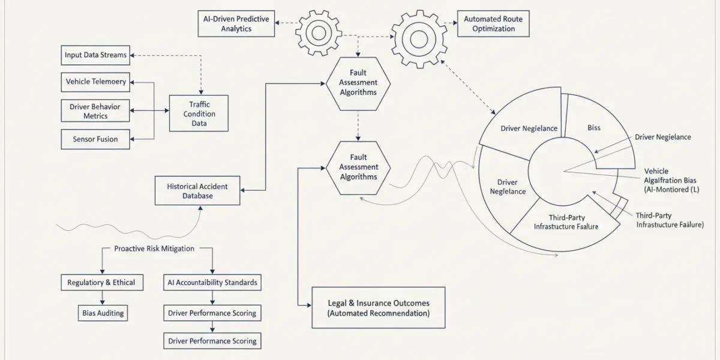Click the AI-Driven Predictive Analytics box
click(236, 23)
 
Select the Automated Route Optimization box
click(493, 23)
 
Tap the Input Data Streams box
click(95, 55)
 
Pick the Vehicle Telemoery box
click(95, 82)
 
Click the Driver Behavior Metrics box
click(95, 111)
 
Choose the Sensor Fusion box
click(95, 139)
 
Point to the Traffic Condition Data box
click(199, 113)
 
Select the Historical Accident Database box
click(197, 191)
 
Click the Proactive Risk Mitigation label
click(154, 248)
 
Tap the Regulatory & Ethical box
click(102, 283)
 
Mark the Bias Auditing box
click(103, 313)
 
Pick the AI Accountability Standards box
click(212, 283)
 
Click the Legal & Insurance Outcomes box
click(379, 308)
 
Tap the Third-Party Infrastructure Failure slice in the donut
click(566, 225)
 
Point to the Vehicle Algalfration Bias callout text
click(671, 181)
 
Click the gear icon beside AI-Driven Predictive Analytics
click(319, 33)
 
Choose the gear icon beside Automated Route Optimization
click(419, 39)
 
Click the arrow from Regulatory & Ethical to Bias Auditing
click(102, 298)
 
